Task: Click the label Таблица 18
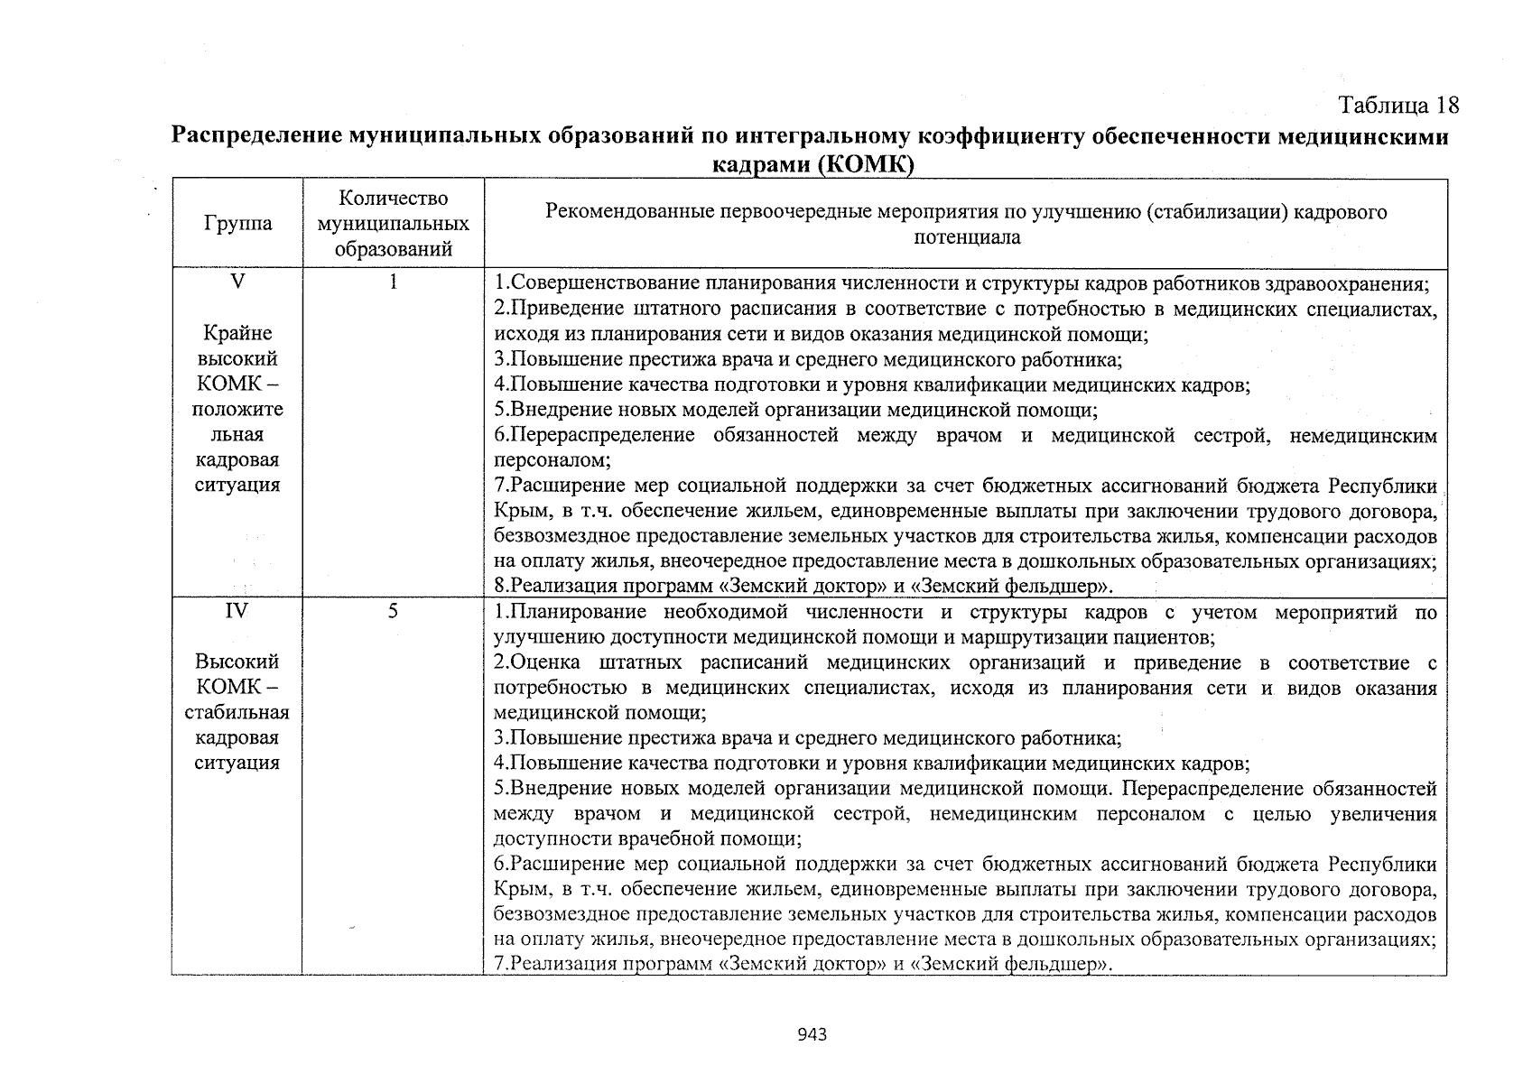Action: pyautogui.click(x=1398, y=106)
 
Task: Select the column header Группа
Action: pyautogui.click(x=237, y=224)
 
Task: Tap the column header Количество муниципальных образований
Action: pyautogui.click(x=393, y=224)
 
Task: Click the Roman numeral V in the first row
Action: pyautogui.click(x=237, y=282)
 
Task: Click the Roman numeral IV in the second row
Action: pyautogui.click(x=237, y=612)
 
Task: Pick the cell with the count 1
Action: pyautogui.click(x=393, y=282)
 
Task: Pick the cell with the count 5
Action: pyautogui.click(x=393, y=612)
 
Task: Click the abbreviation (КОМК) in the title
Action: pyautogui.click(x=866, y=164)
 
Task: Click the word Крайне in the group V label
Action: pyautogui.click(x=237, y=333)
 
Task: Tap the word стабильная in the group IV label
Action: pyautogui.click(x=237, y=713)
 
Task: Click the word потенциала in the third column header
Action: pyautogui.click(x=967, y=237)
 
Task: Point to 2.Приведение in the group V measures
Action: pyautogui.click(x=551, y=310)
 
